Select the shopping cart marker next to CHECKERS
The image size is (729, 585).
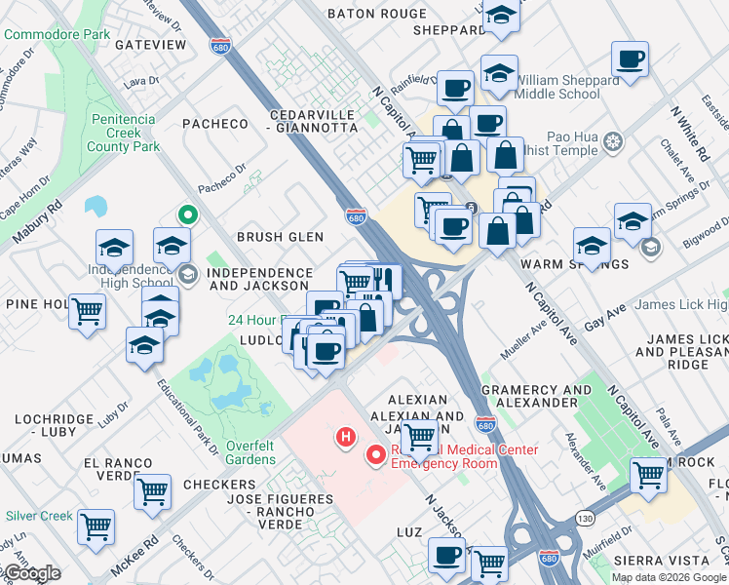(x=153, y=491)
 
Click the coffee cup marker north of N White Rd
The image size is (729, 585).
(x=630, y=58)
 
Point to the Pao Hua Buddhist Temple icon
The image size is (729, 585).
(x=613, y=143)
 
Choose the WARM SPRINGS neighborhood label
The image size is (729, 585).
(x=561, y=264)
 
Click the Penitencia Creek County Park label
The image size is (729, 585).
(x=121, y=133)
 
